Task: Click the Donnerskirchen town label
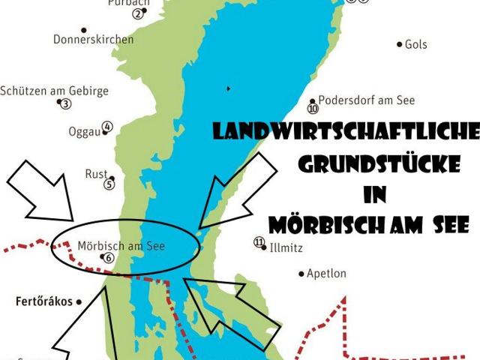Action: pos(94,39)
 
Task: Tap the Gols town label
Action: pos(415,44)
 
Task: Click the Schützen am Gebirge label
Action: pos(54,91)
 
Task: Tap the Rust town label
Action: pos(96,173)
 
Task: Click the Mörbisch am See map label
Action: pos(121,244)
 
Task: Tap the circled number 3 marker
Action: pos(66,104)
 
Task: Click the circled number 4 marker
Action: pos(107,127)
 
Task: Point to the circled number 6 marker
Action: pos(109,258)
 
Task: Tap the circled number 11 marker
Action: pos(259,242)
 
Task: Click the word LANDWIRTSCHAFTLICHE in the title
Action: pos(346,133)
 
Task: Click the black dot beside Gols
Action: pos(399,45)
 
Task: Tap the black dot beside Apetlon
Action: pos(301,274)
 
